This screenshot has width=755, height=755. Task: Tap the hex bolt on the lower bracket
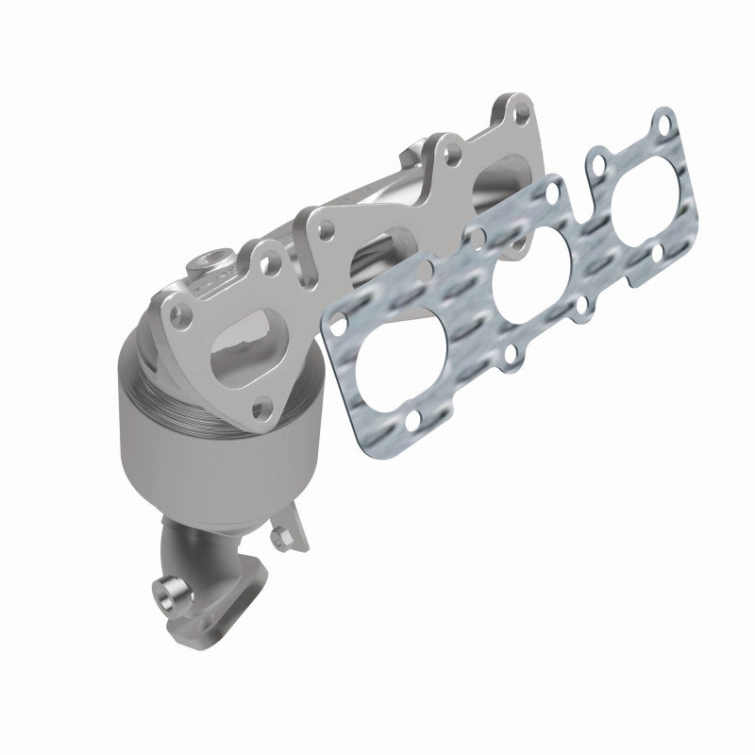click(x=279, y=539)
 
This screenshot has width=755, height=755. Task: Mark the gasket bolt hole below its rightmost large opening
click(x=658, y=253)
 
